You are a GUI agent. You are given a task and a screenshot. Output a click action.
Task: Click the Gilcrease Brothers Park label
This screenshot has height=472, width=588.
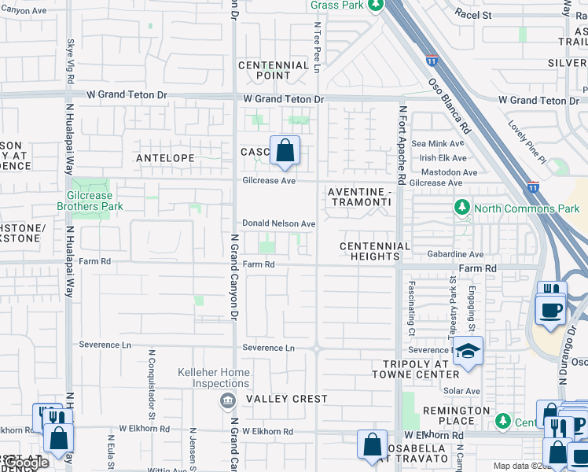(90, 201)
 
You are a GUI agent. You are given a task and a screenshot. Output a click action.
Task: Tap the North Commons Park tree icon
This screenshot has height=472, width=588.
(462, 208)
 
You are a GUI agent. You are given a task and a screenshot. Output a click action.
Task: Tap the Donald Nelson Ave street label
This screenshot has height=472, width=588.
(278, 224)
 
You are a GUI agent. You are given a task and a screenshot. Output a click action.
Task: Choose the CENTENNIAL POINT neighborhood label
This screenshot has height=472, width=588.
(274, 71)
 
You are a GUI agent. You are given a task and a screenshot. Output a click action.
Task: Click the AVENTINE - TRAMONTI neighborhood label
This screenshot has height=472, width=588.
(358, 197)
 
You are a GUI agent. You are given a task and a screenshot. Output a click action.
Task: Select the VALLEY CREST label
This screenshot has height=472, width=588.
(286, 399)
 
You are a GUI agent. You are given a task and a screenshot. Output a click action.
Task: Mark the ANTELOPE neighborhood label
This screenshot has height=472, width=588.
(165, 158)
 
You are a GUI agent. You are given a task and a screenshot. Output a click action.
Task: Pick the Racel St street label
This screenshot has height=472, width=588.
(472, 15)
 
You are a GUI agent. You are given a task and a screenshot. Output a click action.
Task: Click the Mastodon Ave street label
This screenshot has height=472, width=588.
(450, 172)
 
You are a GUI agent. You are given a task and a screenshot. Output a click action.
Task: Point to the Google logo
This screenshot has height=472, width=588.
(27, 463)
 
